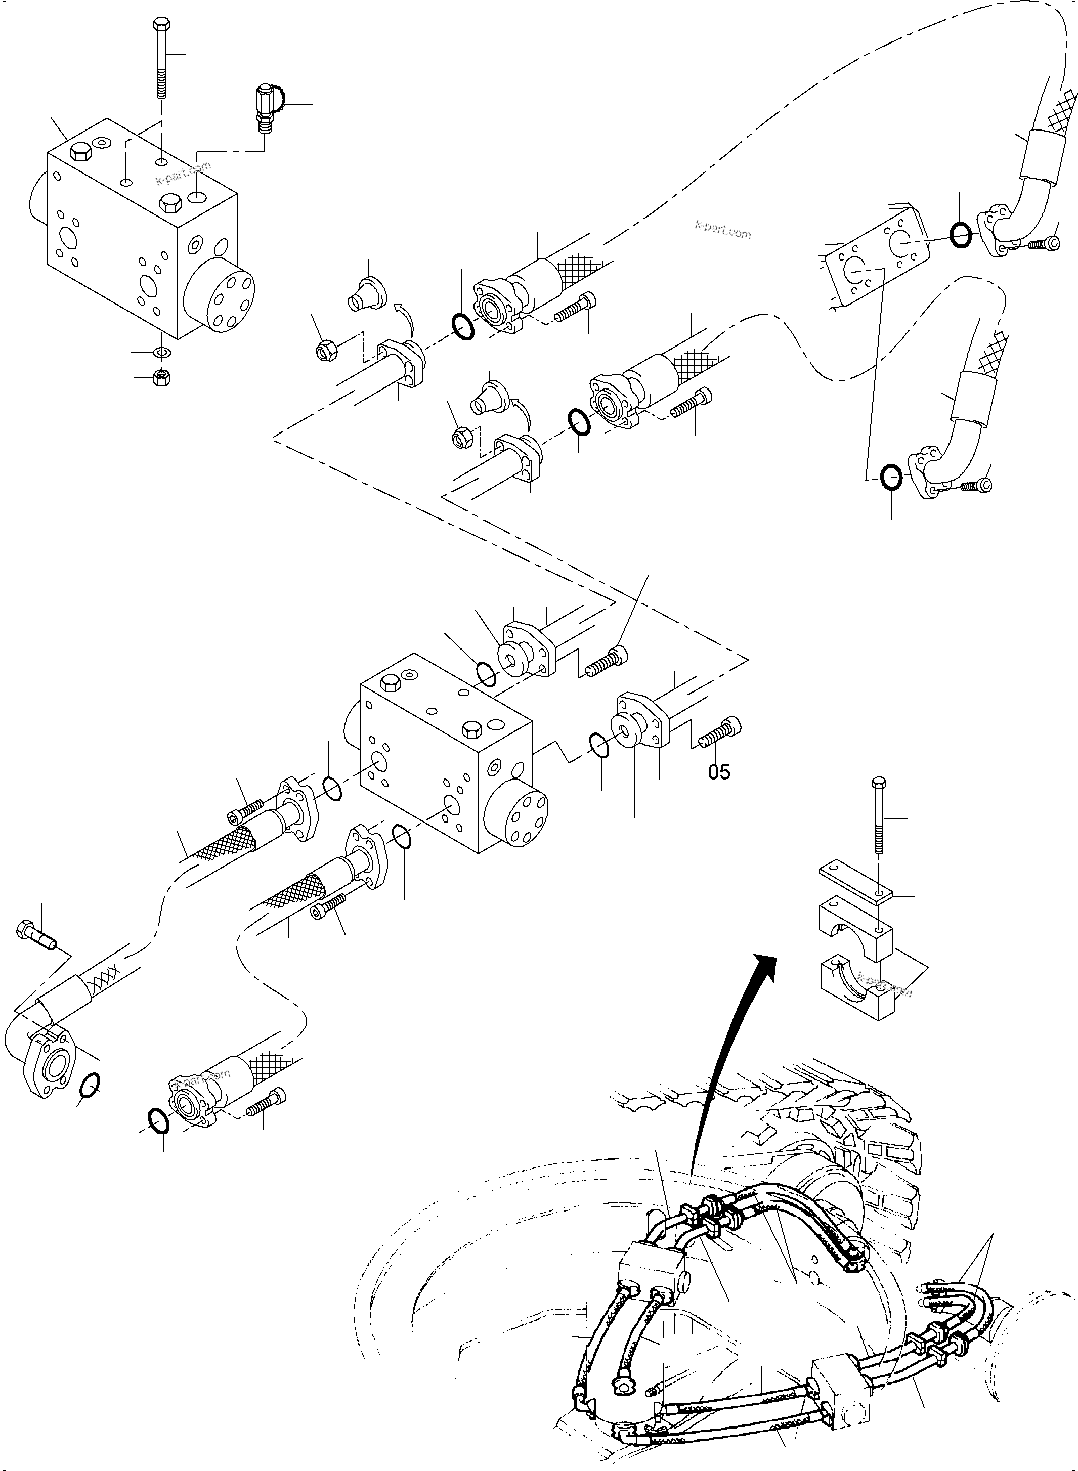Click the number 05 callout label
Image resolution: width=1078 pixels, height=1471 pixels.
[719, 772]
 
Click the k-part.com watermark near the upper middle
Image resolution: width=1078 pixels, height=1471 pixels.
[722, 230]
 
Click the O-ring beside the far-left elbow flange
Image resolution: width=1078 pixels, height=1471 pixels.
[90, 1085]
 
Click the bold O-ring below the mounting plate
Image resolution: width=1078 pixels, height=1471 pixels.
[891, 478]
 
